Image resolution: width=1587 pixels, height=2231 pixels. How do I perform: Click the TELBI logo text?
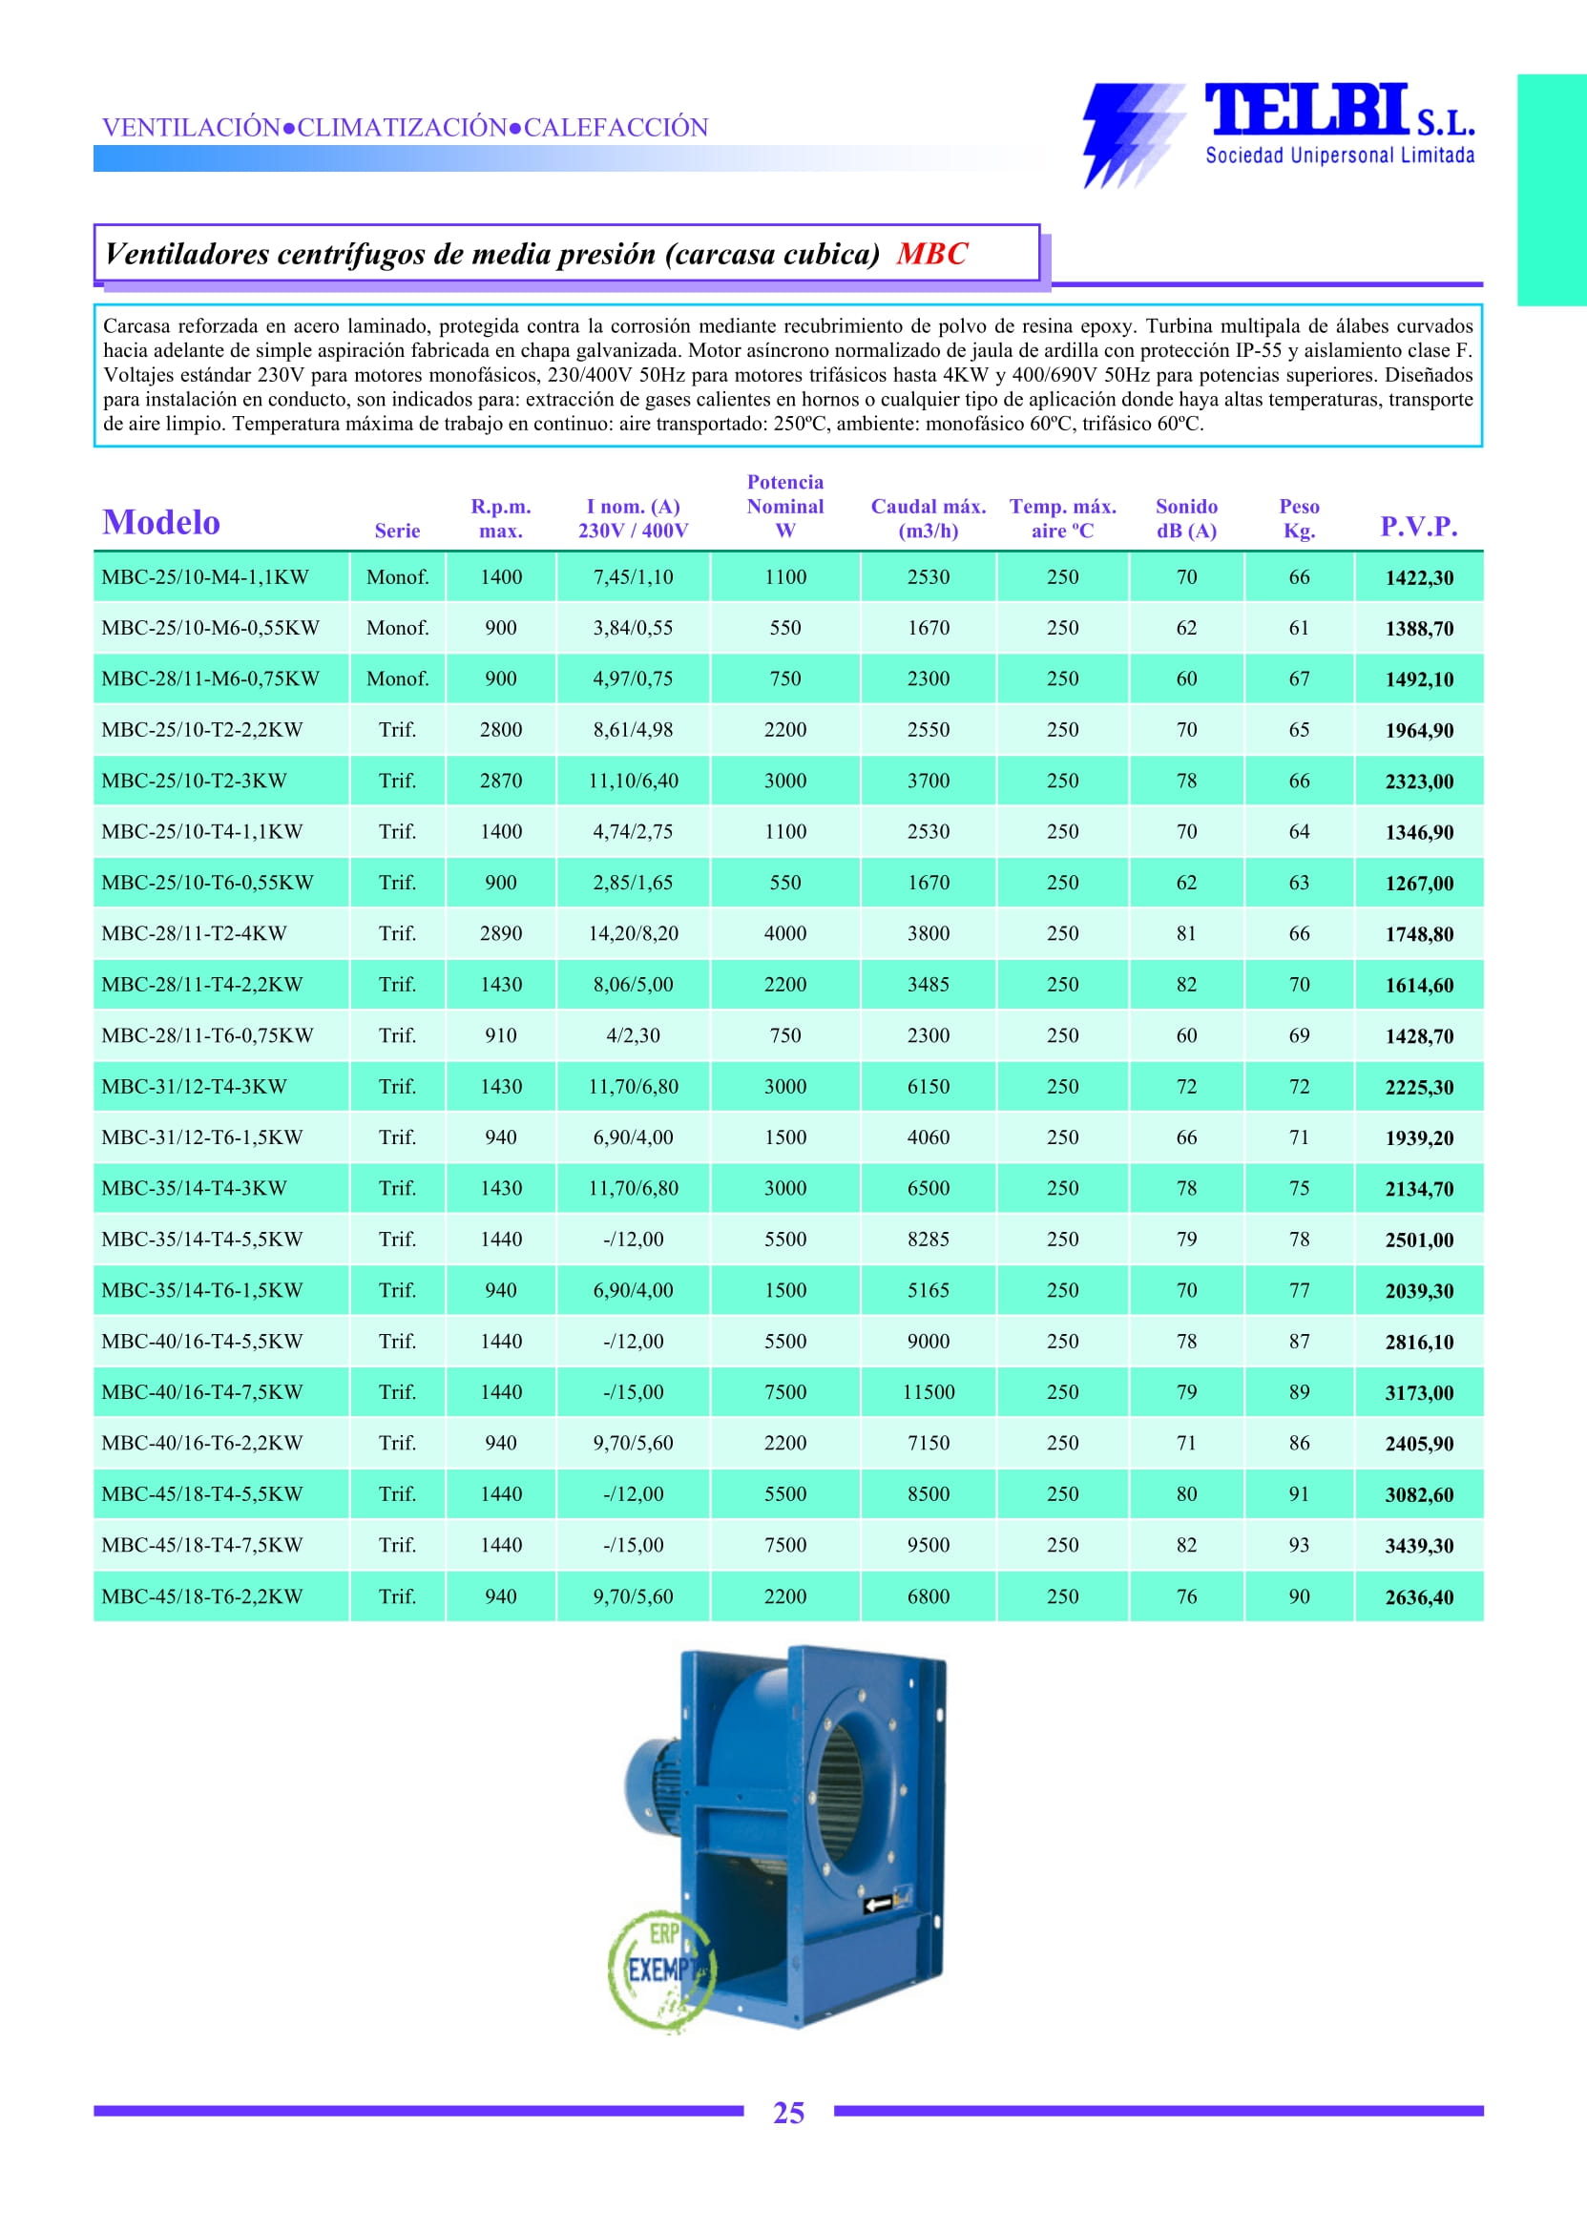[1307, 110]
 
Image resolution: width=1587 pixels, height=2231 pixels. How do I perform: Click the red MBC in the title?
[931, 254]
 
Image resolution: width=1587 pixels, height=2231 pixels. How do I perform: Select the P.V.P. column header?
[1418, 527]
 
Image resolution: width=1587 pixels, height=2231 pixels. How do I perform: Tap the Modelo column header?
[161, 523]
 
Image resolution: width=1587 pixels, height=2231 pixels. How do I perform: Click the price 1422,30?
[1419, 577]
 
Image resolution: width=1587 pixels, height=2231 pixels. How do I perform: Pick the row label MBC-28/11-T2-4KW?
[195, 933]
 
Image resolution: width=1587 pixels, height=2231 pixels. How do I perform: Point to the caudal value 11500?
[928, 1391]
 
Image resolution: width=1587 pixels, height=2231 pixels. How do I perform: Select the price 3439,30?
[1419, 1545]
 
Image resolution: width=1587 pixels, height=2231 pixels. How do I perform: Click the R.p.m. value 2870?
[500, 781]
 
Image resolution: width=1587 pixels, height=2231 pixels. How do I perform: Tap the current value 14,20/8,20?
[633, 933]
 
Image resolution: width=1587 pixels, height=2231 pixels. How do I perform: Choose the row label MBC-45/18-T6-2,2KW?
[201, 1595]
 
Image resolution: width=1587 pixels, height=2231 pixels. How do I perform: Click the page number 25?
[788, 2113]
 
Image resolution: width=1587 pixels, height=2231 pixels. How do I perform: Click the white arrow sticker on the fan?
[879, 1903]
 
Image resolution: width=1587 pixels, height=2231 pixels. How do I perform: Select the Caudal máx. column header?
[928, 519]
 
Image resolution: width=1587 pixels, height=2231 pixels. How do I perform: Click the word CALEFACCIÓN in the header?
[616, 128]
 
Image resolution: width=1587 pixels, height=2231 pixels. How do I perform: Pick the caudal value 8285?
[928, 1240]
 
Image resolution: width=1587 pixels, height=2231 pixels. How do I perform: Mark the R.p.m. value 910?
[500, 1035]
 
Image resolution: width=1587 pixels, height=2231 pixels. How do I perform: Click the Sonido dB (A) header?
[1185, 519]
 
